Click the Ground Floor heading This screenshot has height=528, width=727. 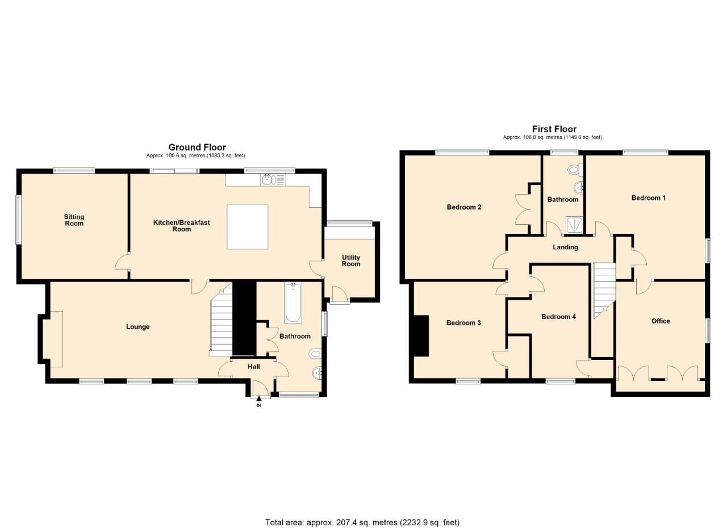click(x=197, y=148)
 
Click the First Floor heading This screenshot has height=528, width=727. click(x=554, y=129)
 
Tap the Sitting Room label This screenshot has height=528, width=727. click(x=74, y=220)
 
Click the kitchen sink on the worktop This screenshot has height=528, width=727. click(x=268, y=181)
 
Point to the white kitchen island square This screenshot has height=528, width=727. click(x=247, y=227)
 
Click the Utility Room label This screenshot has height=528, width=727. click(x=350, y=261)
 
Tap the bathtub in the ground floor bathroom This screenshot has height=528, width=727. click(x=293, y=302)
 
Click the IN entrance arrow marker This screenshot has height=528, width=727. click(x=259, y=399)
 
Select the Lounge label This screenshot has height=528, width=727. click(x=137, y=327)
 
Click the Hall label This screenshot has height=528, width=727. click(x=253, y=367)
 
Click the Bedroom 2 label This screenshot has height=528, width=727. click(x=464, y=207)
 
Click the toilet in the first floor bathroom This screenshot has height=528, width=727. click(x=574, y=169)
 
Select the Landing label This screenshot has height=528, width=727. click(x=565, y=247)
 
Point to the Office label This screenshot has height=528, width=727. click(x=661, y=321)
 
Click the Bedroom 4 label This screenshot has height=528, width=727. click(x=558, y=317)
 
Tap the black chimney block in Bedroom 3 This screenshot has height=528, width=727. click(x=421, y=336)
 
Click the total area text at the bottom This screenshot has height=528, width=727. click(x=362, y=522)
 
